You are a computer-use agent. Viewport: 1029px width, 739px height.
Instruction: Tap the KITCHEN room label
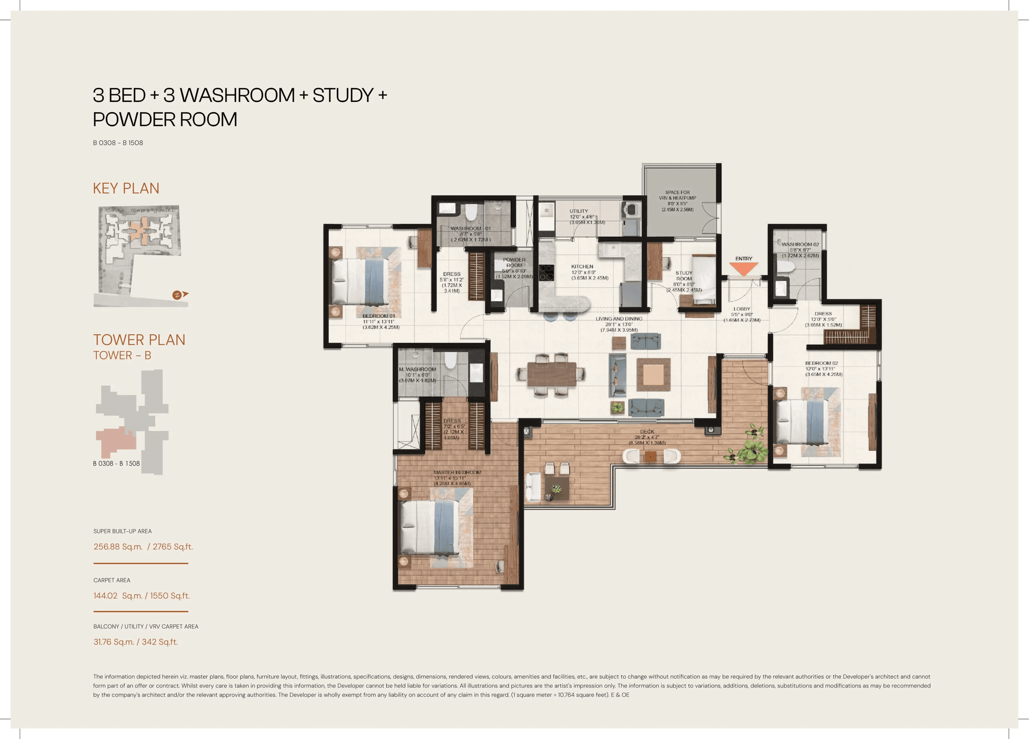(582, 267)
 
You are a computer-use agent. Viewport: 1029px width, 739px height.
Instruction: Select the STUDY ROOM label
(684, 276)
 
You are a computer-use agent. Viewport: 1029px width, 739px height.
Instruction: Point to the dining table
(551, 374)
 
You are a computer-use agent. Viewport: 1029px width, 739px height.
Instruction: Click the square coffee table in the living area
(653, 374)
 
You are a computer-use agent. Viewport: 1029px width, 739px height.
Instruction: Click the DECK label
(647, 431)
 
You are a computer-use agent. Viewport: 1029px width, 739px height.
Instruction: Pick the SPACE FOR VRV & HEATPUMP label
(677, 195)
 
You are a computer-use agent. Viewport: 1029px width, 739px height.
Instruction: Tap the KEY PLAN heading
(126, 188)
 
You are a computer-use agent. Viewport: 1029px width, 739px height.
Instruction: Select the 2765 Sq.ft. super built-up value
(173, 547)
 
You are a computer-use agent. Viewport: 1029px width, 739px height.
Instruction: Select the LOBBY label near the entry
(741, 309)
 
